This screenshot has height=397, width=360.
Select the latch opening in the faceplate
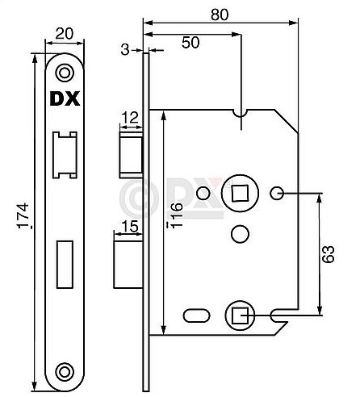pos(63,153)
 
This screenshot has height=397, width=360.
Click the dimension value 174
pos(23,216)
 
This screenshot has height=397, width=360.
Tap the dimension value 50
pos(190,44)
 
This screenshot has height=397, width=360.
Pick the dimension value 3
pos(124,50)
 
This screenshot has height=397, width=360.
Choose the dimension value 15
pos(128,227)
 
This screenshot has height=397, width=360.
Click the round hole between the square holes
pos(238,233)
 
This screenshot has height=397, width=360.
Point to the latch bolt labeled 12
pos(131,154)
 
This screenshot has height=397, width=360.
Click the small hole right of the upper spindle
pos(275,192)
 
